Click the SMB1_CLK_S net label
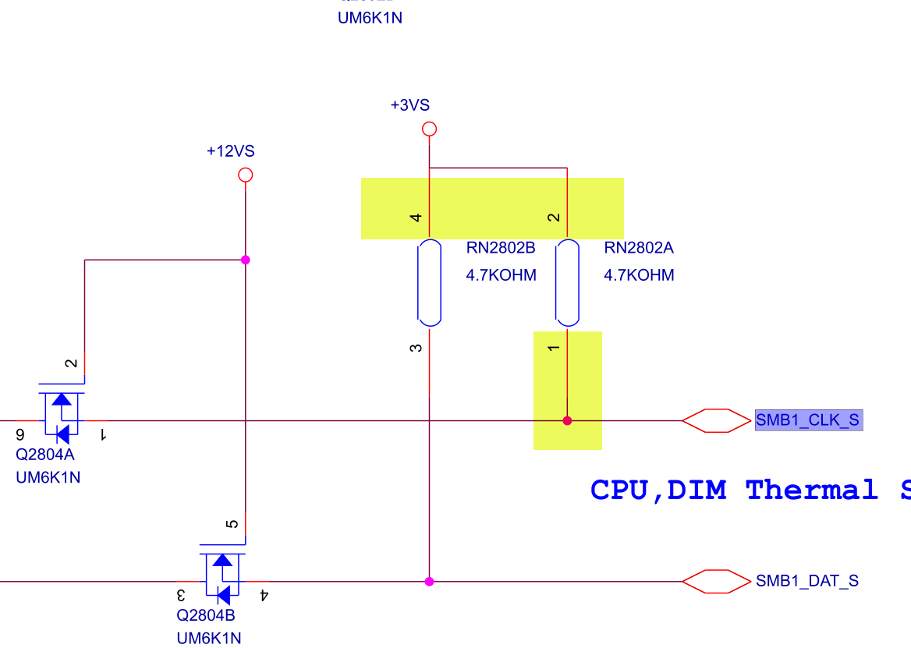tap(807, 421)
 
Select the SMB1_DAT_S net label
tap(806, 581)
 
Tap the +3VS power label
tap(409, 105)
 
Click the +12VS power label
tap(230, 151)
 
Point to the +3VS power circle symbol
tap(429, 129)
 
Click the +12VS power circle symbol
tap(246, 175)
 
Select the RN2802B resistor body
tap(429, 282)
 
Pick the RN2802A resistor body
tap(567, 282)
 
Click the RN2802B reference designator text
tap(501, 249)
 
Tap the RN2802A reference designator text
tap(639, 249)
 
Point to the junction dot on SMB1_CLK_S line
tap(567, 421)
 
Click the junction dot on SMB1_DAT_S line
tap(429, 581)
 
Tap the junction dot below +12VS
tap(246, 260)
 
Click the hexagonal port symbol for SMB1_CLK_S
tap(716, 421)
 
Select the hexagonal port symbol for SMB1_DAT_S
tap(716, 581)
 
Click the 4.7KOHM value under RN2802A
tap(639, 275)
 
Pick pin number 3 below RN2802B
tap(416, 347)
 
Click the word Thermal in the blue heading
tap(811, 490)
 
